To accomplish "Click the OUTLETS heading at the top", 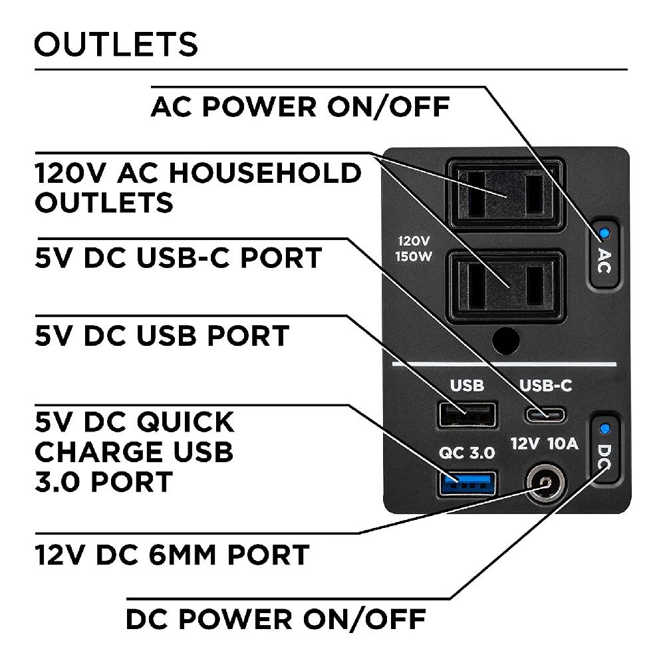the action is [116, 44].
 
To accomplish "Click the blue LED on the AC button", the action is [604, 233].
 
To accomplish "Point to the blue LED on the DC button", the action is [605, 428].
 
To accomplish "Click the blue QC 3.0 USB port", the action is [467, 483].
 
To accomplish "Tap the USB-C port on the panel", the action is [545, 414].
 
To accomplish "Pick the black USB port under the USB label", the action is [467, 415].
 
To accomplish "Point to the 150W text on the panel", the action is [414, 257].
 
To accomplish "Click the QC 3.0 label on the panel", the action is [467, 453].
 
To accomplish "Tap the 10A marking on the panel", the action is [563, 444].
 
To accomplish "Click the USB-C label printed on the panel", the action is [546, 386].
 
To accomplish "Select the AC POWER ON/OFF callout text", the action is [301, 106].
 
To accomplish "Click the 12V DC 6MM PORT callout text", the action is [172, 555].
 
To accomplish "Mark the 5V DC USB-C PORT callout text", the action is [178, 258].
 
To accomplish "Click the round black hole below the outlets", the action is [506, 340].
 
